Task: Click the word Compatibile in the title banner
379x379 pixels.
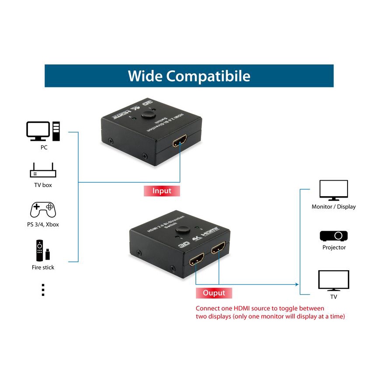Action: [x=209, y=76]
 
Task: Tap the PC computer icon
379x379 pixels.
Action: [x=43, y=131]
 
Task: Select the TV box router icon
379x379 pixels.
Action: [x=43, y=170]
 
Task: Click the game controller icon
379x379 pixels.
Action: [x=42, y=210]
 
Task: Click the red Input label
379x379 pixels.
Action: [x=162, y=191]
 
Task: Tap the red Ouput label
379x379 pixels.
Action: [x=214, y=293]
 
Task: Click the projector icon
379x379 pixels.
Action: [x=334, y=236]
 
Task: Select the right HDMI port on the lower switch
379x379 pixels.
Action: [x=218, y=249]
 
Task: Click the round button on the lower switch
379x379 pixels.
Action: [x=181, y=230]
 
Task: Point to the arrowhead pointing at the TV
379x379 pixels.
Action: [x=297, y=284]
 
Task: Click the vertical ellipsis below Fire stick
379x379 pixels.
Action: [x=43, y=290]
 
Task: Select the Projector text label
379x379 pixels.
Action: [x=334, y=247]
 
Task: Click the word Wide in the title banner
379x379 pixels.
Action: [x=145, y=76]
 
